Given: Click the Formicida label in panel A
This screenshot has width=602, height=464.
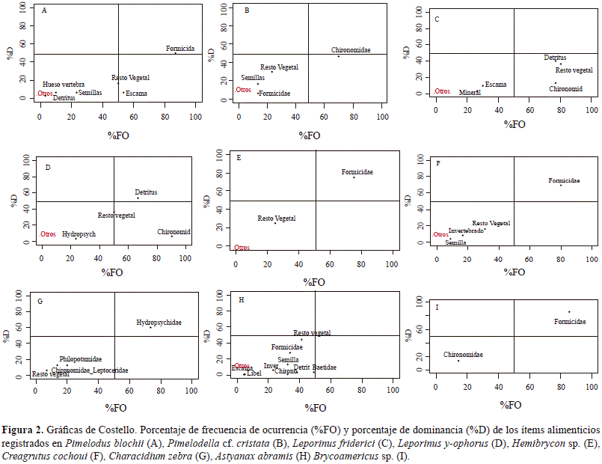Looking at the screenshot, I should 180,49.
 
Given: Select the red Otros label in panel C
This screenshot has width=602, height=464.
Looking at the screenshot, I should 442,91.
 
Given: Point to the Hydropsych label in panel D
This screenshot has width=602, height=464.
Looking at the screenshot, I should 79,234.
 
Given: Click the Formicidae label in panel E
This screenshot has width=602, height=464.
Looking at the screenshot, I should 357,172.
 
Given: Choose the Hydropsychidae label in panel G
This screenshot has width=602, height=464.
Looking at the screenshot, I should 159,323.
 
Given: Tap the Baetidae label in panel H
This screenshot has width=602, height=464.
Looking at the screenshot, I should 324,367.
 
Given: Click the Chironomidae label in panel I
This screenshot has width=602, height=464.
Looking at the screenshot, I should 463,355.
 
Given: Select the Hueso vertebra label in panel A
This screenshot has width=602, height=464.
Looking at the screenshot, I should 64,85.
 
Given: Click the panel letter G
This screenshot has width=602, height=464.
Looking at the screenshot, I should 40,301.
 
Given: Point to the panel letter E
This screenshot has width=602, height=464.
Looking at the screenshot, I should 238,158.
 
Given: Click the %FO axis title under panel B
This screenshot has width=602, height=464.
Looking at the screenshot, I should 309,135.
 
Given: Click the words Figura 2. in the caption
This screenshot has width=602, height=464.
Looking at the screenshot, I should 25,430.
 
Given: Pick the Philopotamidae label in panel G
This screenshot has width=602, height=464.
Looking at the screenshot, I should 81,359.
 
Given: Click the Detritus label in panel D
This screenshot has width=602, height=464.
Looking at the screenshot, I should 146,192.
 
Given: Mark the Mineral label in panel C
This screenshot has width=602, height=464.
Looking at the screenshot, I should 470,93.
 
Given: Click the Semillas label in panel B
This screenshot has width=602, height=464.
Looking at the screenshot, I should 253,78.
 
